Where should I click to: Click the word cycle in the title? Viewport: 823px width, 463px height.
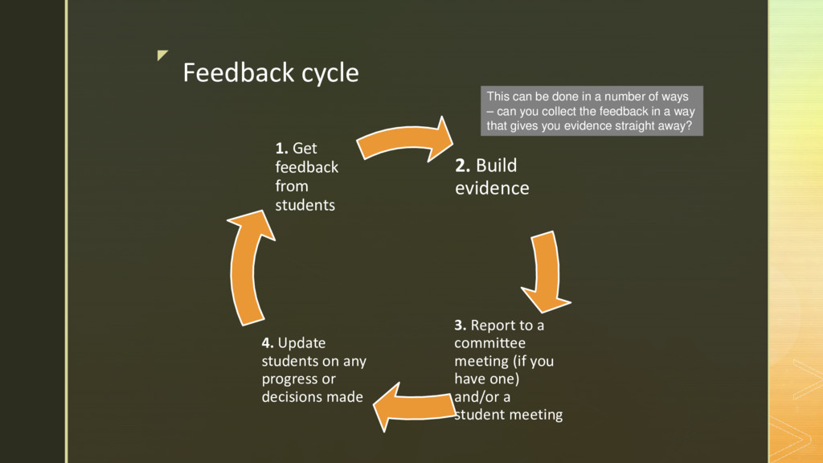(x=330, y=73)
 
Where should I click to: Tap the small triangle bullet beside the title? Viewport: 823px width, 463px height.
(x=163, y=55)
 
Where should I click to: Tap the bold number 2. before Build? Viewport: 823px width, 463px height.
(x=463, y=166)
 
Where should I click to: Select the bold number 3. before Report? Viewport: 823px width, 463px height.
(x=461, y=326)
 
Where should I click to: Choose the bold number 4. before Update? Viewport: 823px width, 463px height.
(x=268, y=343)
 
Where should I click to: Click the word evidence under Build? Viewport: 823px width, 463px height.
(x=492, y=188)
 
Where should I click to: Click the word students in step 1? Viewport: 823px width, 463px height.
(x=305, y=205)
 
